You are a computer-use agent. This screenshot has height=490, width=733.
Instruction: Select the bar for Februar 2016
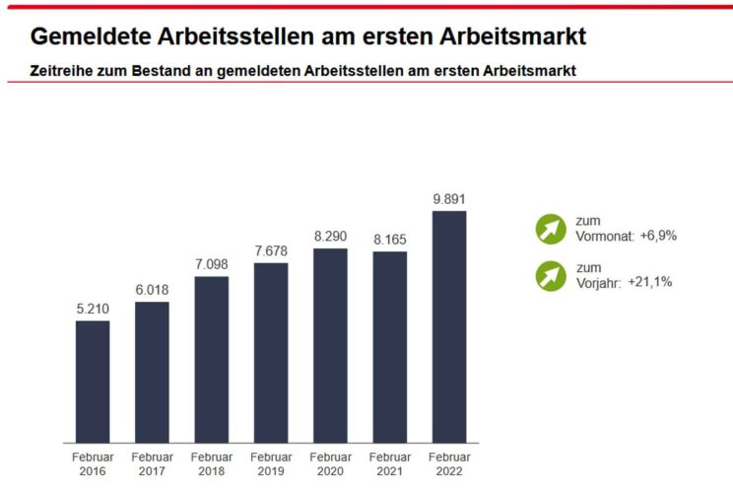pos(93,381)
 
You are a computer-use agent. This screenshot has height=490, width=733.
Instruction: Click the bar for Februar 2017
pos(152,372)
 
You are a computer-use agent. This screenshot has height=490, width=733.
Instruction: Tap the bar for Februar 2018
pos(211,359)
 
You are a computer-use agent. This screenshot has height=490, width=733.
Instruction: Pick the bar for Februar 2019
pos(270,352)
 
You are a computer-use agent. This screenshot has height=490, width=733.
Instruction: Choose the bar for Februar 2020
pos(330,345)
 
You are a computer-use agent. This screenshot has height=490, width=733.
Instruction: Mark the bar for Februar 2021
pos(389,346)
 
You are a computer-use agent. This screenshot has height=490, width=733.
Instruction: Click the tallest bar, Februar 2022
pos(449,326)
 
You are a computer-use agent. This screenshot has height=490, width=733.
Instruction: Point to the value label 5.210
pos(93,310)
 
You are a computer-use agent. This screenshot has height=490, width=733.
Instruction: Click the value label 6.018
pos(152,290)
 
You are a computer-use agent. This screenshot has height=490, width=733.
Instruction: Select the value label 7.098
pos(211,265)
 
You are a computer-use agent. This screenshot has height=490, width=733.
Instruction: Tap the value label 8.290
pos(330,237)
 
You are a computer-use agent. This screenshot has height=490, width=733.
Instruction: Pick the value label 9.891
pos(449,199)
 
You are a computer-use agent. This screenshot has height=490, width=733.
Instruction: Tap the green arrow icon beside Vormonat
pos(551,229)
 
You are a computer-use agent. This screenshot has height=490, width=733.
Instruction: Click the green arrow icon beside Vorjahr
pos(551,275)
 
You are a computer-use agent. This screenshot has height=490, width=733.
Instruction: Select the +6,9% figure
pos(658,236)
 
